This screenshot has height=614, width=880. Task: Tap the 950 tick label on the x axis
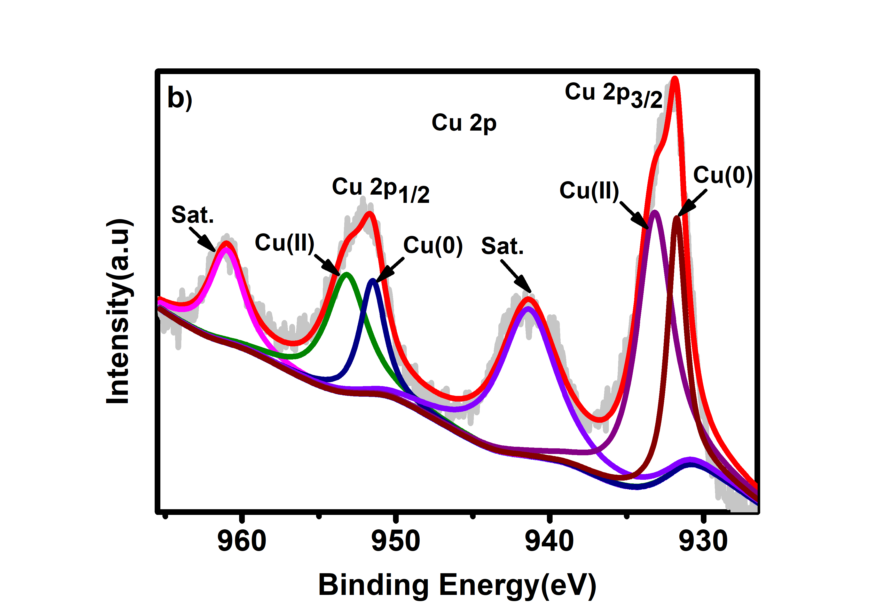[396, 541]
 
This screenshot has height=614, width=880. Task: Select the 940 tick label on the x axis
[549, 541]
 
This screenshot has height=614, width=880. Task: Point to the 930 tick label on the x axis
[703, 541]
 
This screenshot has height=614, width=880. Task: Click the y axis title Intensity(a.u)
[119, 311]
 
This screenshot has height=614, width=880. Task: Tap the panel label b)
[180, 98]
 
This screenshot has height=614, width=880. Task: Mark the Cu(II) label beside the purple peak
[589, 190]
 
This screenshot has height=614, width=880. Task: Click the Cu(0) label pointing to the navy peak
[433, 245]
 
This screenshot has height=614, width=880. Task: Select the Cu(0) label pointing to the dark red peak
[722, 176]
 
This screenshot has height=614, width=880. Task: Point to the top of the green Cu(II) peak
[347, 274]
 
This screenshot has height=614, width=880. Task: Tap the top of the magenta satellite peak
[226, 249]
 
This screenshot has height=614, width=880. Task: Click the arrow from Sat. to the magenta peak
[202, 240]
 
